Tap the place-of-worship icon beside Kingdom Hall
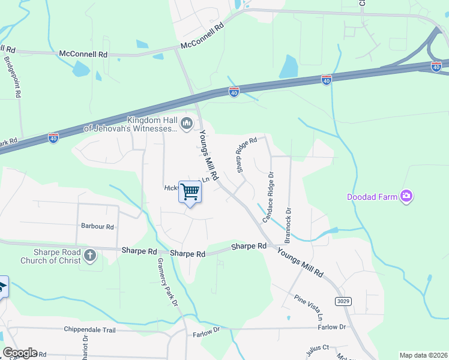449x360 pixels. point(186,124)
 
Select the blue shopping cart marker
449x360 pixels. point(190,193)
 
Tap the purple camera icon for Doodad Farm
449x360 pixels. point(406,196)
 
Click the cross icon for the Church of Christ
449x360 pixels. point(90,256)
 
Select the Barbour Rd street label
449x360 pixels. point(97,227)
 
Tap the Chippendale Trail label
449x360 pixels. point(88,329)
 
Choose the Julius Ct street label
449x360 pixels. point(318,347)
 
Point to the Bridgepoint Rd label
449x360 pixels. point(13,77)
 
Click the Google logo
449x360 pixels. point(19,353)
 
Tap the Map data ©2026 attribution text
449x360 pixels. point(423,355)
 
